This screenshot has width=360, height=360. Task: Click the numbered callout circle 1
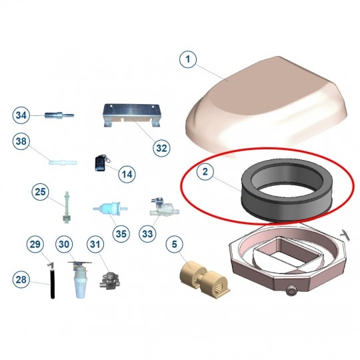coord(188,59)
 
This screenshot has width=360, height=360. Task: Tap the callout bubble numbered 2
coord(205,171)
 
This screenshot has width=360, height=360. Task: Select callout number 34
coord(21,115)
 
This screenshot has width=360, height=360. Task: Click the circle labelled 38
coord(21,141)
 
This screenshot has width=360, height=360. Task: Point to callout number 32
coord(161,148)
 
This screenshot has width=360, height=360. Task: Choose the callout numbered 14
coord(127,174)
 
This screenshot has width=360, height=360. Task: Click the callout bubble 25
coord(40,192)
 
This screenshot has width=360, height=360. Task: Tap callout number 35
coord(121,234)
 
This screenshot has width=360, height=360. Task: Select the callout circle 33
coord(147,234)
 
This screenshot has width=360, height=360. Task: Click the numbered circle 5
coord(175,244)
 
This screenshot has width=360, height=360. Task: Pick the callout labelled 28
coord(21,279)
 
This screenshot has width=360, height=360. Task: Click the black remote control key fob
coord(100,163)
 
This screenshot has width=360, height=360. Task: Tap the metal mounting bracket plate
coord(131,115)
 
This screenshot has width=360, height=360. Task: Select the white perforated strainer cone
coord(81,287)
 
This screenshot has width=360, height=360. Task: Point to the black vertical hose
coord(53,284)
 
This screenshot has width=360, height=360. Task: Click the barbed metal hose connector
coord(59,114)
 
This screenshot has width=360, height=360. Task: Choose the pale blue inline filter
coord(110,209)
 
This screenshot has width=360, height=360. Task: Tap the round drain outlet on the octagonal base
coord(291,291)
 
